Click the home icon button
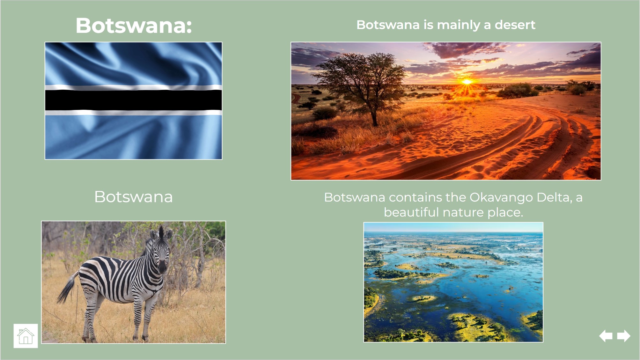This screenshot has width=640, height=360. pos(26,336)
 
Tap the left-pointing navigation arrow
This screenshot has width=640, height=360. pos(606,336)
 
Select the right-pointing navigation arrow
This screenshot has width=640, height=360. pos(624,336)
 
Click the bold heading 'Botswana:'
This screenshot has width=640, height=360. pos(134,25)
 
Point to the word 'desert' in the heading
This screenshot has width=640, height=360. pos(515,25)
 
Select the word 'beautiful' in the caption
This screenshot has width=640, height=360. pos(411,212)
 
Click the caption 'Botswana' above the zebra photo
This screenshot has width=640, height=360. pos(134,197)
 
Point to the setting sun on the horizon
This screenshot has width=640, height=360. pos(467,82)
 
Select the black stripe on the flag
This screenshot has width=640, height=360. pos(134,100)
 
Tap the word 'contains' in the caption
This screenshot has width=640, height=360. pos(415,198)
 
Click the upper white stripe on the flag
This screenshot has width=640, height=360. pos(134,88)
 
